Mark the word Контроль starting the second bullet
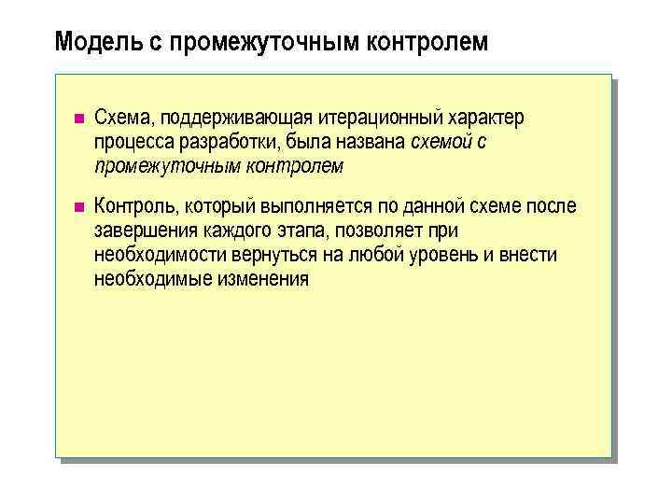point(136,206)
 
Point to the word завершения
point(142,231)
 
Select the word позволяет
point(378,231)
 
